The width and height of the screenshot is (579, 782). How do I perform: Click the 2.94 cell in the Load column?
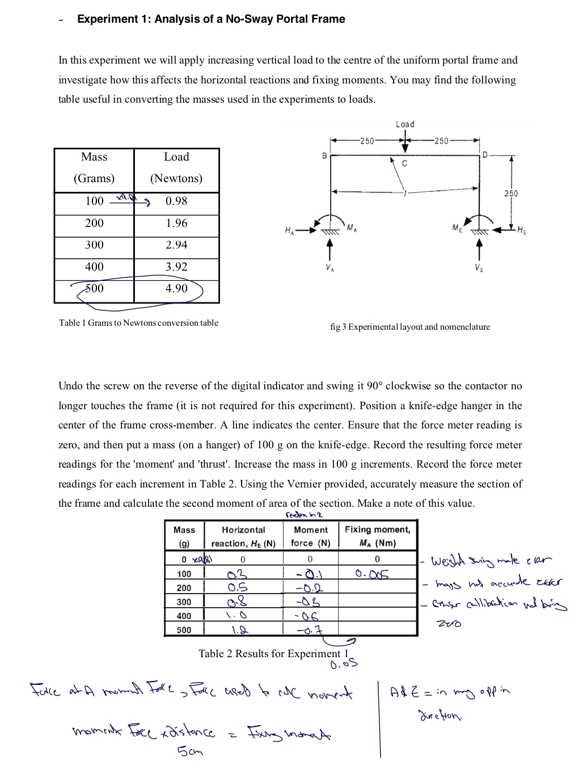(176, 245)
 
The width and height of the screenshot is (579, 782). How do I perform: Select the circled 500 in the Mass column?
(94, 288)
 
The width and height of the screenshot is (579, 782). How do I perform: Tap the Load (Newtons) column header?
(176, 168)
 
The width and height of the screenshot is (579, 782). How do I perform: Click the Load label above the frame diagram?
(405, 124)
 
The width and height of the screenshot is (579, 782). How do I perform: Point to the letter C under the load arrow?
(404, 163)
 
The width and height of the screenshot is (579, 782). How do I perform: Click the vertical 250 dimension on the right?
(511, 194)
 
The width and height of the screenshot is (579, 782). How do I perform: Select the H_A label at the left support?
(289, 230)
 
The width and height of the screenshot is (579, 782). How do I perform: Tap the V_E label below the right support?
(479, 268)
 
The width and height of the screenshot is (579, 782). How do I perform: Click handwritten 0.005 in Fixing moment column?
(372, 574)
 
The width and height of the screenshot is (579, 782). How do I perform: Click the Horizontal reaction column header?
(243, 536)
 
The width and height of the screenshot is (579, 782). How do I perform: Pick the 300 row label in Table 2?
(184, 602)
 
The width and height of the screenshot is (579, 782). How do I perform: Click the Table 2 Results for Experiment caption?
(273, 653)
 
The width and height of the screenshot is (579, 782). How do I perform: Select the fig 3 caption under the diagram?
(409, 327)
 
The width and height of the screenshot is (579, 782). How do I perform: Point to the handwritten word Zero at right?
(449, 623)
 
